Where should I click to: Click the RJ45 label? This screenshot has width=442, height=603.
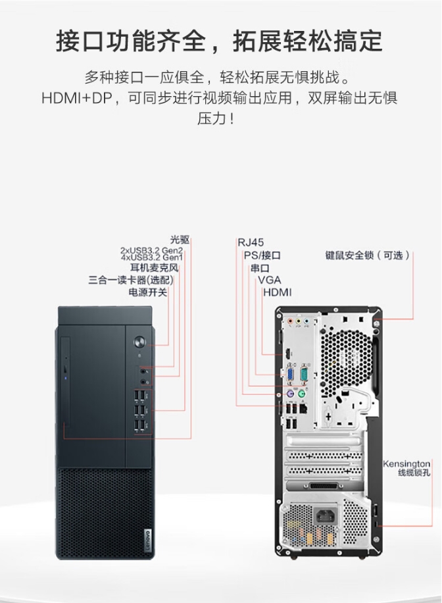251,242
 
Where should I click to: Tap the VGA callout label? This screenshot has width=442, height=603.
270,280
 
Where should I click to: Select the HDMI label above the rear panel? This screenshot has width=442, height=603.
277,292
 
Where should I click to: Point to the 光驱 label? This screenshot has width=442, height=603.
180,240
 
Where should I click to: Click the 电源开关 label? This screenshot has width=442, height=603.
148,293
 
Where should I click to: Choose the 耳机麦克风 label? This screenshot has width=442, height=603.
154,268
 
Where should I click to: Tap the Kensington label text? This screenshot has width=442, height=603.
406,464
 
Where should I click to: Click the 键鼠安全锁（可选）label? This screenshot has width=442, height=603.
368,255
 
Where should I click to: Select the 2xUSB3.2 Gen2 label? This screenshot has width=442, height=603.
151,251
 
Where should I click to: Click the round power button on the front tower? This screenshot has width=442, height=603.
140,342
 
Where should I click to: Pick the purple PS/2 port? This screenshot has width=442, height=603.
291,394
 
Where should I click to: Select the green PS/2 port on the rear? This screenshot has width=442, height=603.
302,394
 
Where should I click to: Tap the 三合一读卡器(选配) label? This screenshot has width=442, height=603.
131,280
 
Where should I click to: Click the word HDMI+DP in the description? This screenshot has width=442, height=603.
77,98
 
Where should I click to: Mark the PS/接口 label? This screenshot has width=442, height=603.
262,255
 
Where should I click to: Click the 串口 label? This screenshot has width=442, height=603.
260,268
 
